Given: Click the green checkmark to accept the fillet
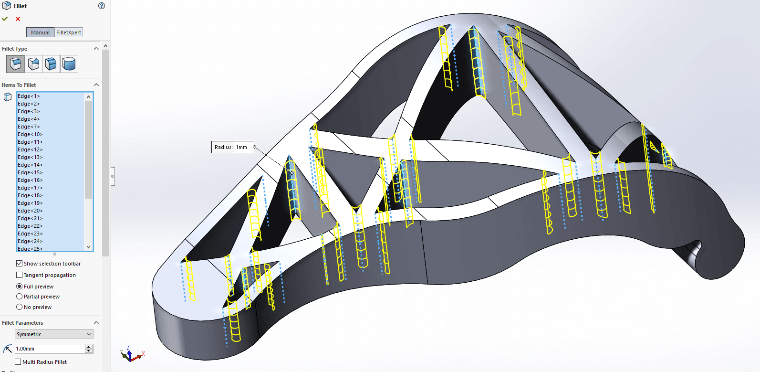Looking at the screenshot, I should [5, 19].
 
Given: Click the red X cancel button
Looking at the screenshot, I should [18, 19].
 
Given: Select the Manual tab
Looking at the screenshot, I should [40, 32].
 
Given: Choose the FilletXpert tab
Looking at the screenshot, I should [69, 32].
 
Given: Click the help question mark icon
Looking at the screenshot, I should [101, 6].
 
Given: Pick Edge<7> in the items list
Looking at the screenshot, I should [29, 127].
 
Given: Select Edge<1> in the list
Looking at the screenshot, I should [29, 96].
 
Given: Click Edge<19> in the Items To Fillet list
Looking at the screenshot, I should [30, 203].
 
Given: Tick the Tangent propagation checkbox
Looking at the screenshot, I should [20, 275].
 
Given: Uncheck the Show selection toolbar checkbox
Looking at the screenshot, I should [20, 264].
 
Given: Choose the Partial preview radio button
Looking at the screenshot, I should [20, 297].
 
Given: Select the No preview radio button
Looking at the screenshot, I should [20, 307].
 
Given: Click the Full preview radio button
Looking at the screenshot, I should [20, 287].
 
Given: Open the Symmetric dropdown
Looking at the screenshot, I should [54, 334].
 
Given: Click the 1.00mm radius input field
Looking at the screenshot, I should [50, 349].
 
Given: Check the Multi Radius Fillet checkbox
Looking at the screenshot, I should [18, 362].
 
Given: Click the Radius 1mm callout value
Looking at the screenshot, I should [243, 147].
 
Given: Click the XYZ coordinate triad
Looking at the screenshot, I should [130, 354].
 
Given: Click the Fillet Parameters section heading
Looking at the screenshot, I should [22, 323].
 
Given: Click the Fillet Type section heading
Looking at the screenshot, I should [15, 49].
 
